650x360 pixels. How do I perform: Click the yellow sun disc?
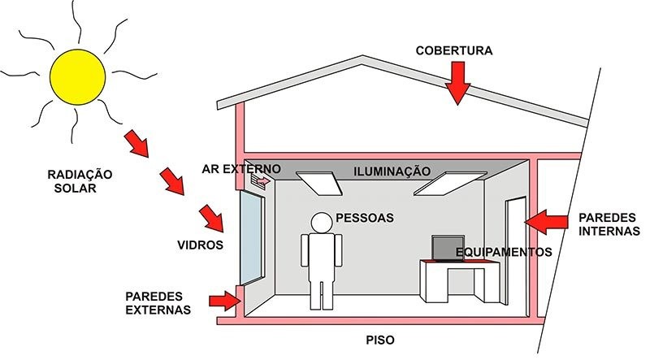pyautogui.click(x=77, y=76)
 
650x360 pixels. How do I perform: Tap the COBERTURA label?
pyautogui.click(x=454, y=50)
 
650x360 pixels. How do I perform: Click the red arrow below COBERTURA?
pyautogui.click(x=457, y=83)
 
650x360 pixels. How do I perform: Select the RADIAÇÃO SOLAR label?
pyautogui.click(x=80, y=181)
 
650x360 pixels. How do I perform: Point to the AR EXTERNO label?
pyautogui.click(x=241, y=169)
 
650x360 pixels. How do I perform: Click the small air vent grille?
pyautogui.click(x=257, y=182)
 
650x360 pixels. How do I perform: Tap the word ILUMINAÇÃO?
pyautogui.click(x=392, y=171)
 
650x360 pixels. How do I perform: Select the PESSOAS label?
pyautogui.click(x=365, y=218)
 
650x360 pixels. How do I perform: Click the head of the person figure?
pyautogui.click(x=322, y=223)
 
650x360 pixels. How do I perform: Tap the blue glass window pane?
pyautogui.click(x=252, y=237)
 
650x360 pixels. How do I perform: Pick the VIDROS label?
pyautogui.click(x=200, y=245)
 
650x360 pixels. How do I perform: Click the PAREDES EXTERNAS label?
pyautogui.click(x=158, y=303)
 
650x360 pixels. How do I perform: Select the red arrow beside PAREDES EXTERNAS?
pyautogui.click(x=225, y=301)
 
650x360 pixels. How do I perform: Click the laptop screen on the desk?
pyautogui.click(x=448, y=248)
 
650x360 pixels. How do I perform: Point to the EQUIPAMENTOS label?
pyautogui.click(x=504, y=252)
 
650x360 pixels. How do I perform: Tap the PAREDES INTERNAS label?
pyautogui.click(x=609, y=224)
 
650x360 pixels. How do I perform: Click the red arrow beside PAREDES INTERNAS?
pyautogui.click(x=546, y=222)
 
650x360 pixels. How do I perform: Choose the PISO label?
pyautogui.click(x=380, y=340)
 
